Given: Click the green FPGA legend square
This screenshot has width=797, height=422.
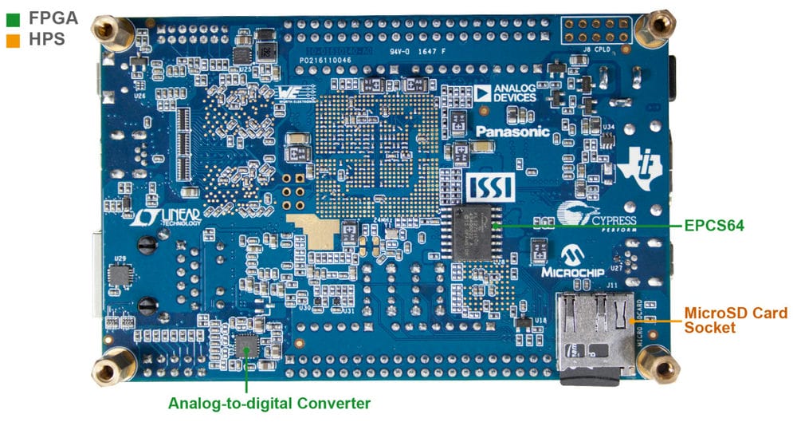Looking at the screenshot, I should (x=12, y=15).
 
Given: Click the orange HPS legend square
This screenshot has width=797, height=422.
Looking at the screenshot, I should (x=12, y=37).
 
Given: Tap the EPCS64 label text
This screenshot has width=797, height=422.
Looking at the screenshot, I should (x=713, y=226).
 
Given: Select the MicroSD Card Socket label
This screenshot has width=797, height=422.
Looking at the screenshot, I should (x=724, y=320).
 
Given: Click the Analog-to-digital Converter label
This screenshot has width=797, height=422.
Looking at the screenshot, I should (x=269, y=403).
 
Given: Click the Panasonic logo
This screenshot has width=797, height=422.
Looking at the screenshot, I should (x=513, y=132).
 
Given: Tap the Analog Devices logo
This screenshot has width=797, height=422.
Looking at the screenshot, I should (x=505, y=93).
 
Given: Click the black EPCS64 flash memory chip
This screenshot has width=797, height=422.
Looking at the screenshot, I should (x=476, y=231).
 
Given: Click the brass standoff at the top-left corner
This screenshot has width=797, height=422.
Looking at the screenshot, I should (x=104, y=31).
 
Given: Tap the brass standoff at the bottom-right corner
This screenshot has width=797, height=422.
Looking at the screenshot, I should (x=661, y=365).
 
